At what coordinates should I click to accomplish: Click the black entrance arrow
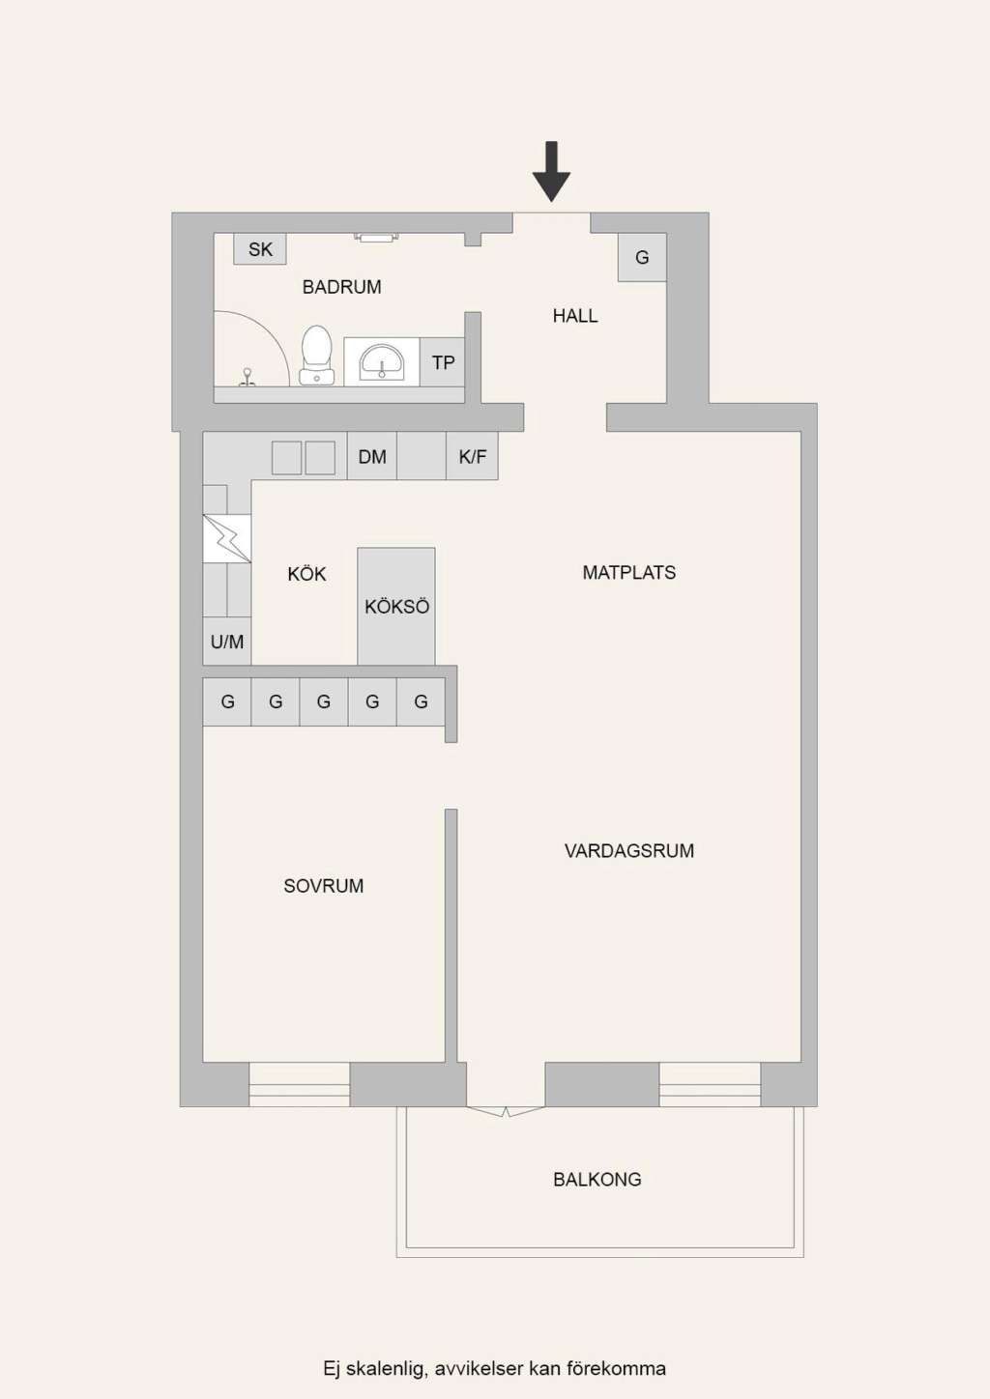(551, 172)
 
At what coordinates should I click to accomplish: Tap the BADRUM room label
(342, 287)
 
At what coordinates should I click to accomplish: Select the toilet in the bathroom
(316, 355)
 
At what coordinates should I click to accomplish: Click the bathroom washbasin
(381, 361)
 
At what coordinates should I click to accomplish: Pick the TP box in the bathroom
(443, 362)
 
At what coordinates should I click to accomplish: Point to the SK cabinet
(260, 249)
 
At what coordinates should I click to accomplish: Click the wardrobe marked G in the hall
(642, 257)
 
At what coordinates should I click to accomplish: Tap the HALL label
(575, 316)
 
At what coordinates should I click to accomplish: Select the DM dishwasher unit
(372, 457)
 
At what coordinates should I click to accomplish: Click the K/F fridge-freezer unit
(472, 457)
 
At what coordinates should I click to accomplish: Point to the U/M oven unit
(227, 642)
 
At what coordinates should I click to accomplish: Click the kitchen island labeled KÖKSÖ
(396, 607)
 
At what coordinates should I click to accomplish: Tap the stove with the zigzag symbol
(227, 538)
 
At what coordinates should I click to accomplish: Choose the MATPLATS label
(628, 573)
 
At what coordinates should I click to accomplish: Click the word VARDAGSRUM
(628, 850)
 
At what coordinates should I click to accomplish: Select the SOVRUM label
(323, 886)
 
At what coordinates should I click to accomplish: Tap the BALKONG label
(597, 1179)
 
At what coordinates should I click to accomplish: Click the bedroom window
(300, 1084)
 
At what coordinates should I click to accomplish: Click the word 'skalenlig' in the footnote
(387, 1368)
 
